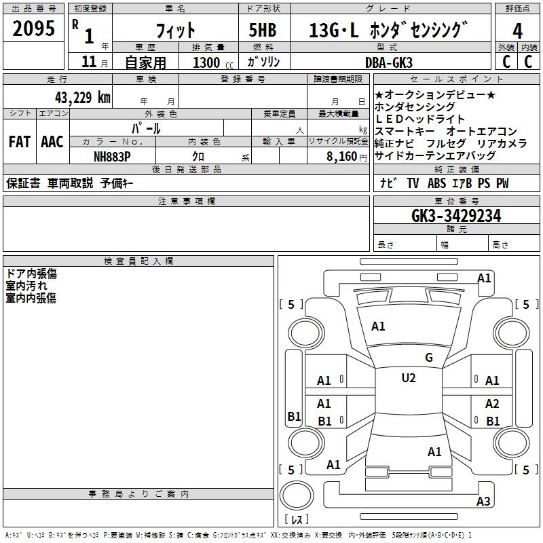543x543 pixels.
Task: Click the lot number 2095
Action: [33, 29]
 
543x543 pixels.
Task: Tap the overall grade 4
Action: [517, 31]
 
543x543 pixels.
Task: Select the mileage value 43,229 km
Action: [83, 98]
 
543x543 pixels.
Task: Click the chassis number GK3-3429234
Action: [456, 216]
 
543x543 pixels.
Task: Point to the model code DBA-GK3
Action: [389, 62]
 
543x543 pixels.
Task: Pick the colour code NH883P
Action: [112, 157]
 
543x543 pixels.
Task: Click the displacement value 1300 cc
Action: [213, 62]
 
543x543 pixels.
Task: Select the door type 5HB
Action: [263, 30]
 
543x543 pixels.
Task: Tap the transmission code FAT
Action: [20, 142]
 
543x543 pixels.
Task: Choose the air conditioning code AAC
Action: [52, 142]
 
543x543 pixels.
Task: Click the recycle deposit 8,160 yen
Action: [347, 157]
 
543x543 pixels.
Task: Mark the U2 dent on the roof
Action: [409, 378]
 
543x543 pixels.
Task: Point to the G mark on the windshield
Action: [429, 358]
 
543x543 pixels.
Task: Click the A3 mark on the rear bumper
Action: [483, 501]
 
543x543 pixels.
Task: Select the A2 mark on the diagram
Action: [492, 403]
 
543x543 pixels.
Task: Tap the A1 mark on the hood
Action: [378, 326]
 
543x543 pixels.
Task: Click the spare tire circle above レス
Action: [297, 495]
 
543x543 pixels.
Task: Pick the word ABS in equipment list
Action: [436, 183]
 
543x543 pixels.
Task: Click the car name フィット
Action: [176, 31]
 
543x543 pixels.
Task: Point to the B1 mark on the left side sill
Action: [295, 416]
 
